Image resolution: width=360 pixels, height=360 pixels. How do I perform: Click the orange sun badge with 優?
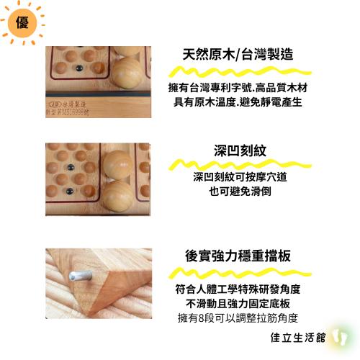pos(22,22)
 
